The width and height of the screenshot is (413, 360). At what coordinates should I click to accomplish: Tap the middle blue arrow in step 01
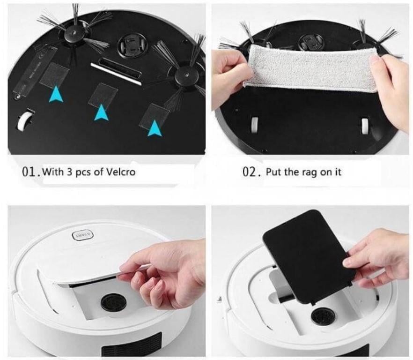coord(101,113)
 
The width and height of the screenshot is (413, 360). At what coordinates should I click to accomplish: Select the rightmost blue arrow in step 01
coord(154,128)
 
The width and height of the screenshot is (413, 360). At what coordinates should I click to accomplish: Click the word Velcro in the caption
coord(121,172)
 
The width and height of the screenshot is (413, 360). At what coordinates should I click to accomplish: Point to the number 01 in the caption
coord(30,172)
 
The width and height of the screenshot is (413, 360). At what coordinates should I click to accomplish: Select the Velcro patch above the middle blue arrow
coord(103,94)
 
